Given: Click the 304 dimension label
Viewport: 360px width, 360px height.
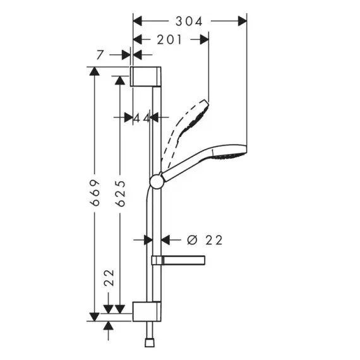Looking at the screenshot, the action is (189, 21).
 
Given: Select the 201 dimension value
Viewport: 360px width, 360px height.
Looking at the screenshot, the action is (169, 40).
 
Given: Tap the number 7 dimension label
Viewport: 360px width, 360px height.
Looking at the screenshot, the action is (100, 55).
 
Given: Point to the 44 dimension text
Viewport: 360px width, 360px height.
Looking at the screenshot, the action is (141, 119).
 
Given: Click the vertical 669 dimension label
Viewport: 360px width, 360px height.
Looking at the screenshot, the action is (95, 193).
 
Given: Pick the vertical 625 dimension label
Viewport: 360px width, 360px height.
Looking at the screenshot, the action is (121, 193).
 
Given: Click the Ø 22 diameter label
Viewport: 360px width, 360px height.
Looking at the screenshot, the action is (205, 240).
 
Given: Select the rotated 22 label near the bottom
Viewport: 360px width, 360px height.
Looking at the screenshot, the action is (109, 277).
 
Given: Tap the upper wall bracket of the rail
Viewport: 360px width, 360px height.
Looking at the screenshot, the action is (145, 76).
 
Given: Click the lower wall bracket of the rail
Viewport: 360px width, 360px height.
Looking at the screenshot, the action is (147, 311).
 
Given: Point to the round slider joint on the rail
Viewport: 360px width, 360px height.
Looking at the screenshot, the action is (157, 181).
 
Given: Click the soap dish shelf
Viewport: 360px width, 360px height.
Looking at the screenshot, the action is (178, 260).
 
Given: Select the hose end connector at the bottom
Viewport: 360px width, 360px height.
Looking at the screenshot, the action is (150, 343).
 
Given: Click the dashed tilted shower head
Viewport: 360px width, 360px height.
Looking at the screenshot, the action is (185, 129).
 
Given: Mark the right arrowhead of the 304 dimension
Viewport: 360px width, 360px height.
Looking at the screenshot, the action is (243, 21).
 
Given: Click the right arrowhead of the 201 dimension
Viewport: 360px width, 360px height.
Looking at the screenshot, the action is (205, 40).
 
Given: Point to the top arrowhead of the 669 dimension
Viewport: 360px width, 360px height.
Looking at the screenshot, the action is (95, 71).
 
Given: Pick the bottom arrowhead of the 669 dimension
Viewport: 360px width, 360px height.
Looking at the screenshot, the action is (95, 317).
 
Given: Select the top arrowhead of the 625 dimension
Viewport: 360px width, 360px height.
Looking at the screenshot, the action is (120, 80).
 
